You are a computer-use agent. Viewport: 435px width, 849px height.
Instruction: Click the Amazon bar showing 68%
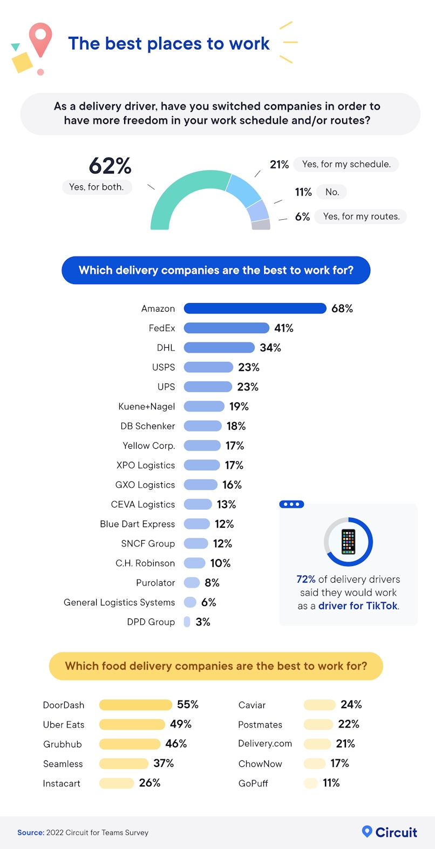(x=255, y=308)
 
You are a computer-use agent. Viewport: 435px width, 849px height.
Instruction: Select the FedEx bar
(x=226, y=328)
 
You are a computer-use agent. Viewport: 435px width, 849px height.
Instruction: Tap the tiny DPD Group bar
(x=187, y=622)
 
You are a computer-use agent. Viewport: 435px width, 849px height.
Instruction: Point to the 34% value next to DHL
(x=270, y=348)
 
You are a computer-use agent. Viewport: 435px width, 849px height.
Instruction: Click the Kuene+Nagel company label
(x=146, y=407)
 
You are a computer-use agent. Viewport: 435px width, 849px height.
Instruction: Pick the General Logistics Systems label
(x=119, y=602)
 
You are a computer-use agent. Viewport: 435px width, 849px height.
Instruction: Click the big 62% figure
(x=110, y=166)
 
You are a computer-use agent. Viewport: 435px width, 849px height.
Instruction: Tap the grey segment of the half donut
(x=261, y=225)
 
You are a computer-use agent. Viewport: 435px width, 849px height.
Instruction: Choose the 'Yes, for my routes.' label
(x=361, y=217)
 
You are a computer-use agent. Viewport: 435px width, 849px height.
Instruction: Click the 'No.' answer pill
(x=332, y=192)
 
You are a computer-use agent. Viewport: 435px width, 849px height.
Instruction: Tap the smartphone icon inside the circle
(x=348, y=542)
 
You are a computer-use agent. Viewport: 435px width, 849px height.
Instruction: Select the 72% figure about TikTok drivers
(x=306, y=579)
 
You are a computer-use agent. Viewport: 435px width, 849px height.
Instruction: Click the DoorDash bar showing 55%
(x=135, y=705)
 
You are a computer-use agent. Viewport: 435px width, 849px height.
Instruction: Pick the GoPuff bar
(x=310, y=783)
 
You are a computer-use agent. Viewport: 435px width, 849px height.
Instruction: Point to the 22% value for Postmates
(x=349, y=724)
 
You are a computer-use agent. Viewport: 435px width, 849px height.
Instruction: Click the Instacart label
(x=62, y=784)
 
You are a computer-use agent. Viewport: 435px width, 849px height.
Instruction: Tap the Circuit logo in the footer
(x=389, y=832)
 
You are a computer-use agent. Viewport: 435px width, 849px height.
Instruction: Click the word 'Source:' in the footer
(x=31, y=833)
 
